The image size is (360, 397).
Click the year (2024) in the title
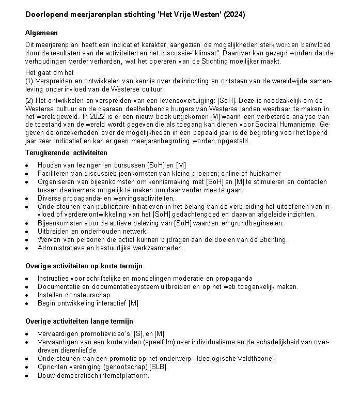pos(234,15)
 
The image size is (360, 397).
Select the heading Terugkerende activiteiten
pos(66,152)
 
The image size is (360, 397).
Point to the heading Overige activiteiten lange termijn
pos(79,321)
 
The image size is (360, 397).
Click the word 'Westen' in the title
pos(205,15)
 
